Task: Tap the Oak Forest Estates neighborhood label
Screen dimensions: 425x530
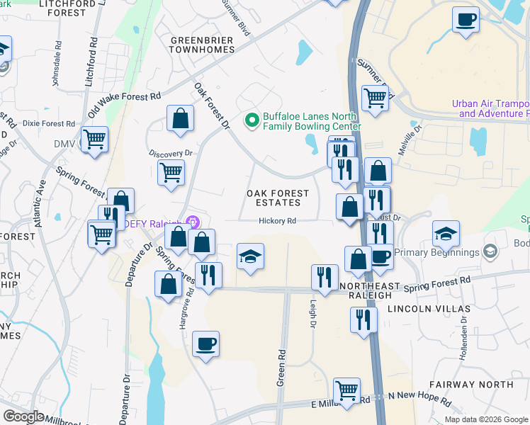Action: pyautogui.click(x=278, y=198)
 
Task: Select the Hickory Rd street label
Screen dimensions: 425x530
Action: pyautogui.click(x=277, y=221)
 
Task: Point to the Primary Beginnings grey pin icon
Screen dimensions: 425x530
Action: pyautogui.click(x=489, y=252)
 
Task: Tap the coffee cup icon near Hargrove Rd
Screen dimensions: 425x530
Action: pyautogui.click(x=205, y=344)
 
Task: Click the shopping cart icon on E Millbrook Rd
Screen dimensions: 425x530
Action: pyautogui.click(x=346, y=390)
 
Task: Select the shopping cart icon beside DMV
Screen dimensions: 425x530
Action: pyautogui.click(x=94, y=139)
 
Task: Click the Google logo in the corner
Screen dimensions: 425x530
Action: pyautogui.click(x=23, y=416)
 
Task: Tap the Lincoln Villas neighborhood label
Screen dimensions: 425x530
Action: pyautogui.click(x=429, y=310)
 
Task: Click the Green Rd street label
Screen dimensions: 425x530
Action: pyautogui.click(x=281, y=367)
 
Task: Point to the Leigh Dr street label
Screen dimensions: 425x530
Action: pyautogui.click(x=312, y=312)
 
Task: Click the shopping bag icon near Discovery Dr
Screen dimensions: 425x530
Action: pyautogui.click(x=180, y=118)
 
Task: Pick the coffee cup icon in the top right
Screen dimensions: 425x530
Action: pyautogui.click(x=466, y=19)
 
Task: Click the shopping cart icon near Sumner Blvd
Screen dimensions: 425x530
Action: pyautogui.click(x=375, y=98)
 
